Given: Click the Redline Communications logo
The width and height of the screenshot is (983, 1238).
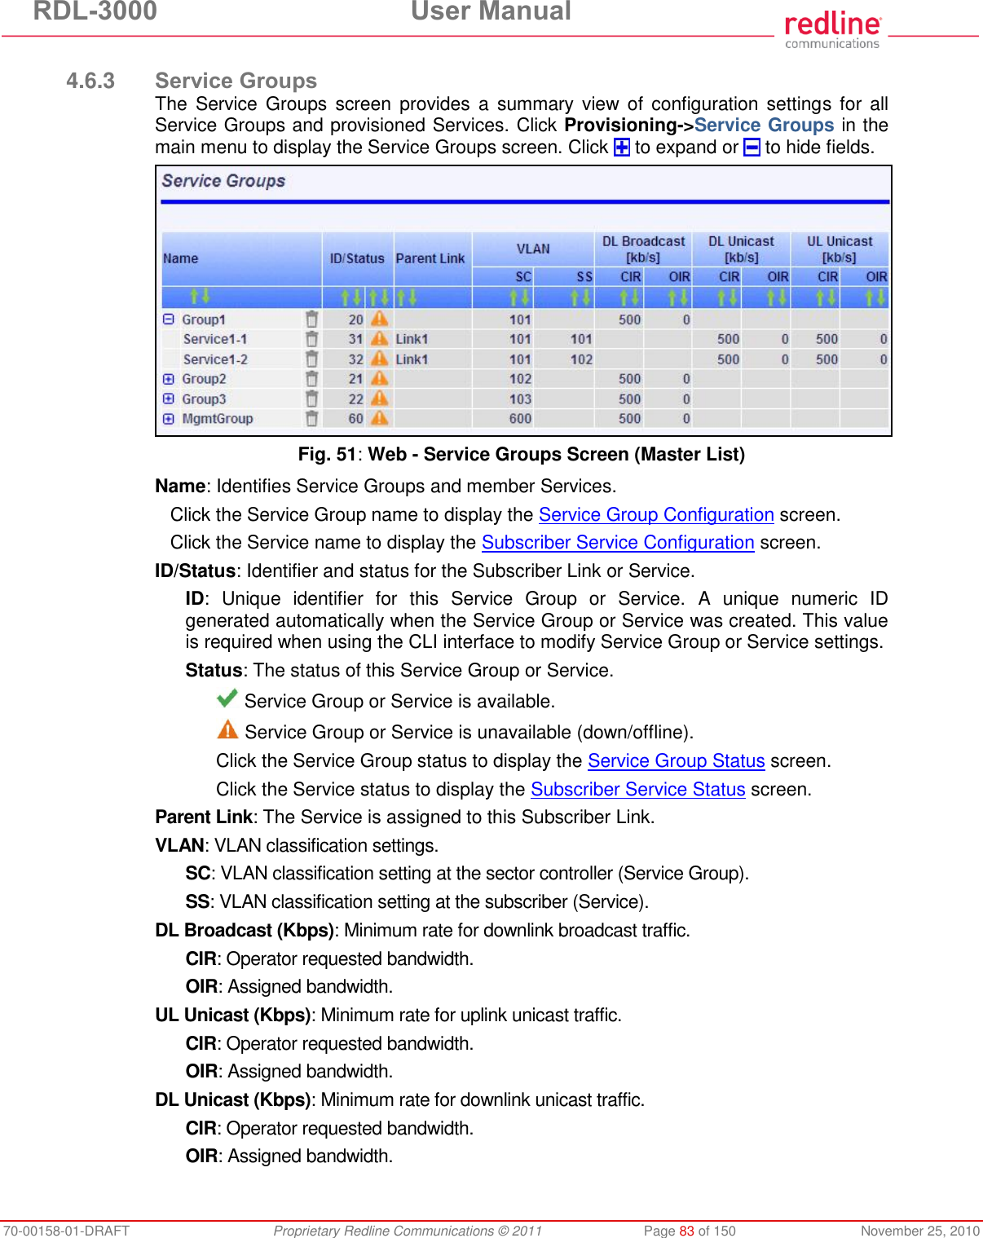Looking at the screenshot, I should coord(832,29).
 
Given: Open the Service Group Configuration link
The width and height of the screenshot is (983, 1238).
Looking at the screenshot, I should coord(656,515).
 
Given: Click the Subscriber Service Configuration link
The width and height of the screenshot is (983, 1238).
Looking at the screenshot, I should coord(618,543).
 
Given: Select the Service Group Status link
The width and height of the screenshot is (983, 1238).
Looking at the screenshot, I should coord(676,761).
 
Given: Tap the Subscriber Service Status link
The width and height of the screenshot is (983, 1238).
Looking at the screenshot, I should coord(637,790).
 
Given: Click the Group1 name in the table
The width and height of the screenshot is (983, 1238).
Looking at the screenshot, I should coord(204,319).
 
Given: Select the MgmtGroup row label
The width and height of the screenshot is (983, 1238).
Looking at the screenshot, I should coord(218,419).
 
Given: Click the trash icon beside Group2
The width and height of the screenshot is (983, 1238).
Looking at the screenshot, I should coord(311,379).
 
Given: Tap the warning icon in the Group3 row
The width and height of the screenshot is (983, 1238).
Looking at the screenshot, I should coord(380,399).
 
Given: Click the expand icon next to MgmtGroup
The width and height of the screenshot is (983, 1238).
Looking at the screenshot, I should coord(169,419).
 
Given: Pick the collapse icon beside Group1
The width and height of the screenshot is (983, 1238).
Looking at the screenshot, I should coord(169,319).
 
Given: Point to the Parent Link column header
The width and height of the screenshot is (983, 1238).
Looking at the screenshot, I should coord(430,258).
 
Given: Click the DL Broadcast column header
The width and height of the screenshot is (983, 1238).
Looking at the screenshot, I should coord(643,249).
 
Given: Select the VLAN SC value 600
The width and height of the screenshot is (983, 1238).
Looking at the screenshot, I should coord(520,419).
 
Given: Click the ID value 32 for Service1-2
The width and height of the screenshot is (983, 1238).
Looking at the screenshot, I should coord(355,359).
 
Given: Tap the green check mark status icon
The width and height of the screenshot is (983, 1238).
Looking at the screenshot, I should coord(227,698).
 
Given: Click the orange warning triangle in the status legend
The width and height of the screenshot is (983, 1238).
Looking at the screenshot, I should coord(227,729).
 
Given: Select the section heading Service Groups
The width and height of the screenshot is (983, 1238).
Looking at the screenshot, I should coord(236,81).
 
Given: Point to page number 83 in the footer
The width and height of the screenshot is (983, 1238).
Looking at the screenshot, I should coord(686,1231).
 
